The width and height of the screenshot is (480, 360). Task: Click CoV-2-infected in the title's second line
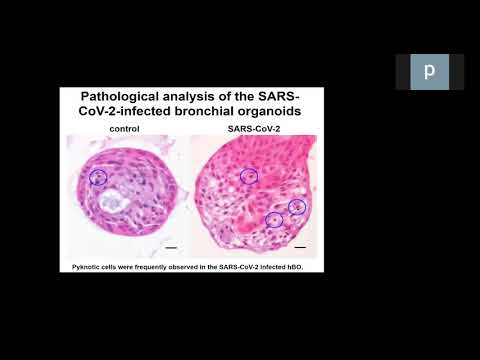click(x=128, y=114)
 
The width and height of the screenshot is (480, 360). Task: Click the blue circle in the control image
click(x=98, y=177)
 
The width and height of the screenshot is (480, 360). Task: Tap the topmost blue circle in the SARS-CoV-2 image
click(x=249, y=176)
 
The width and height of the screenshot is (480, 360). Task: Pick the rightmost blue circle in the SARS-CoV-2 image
click(x=297, y=207)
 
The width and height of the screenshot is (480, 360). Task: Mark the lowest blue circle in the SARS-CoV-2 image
click(x=273, y=219)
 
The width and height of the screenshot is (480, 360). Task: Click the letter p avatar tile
click(x=429, y=72)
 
